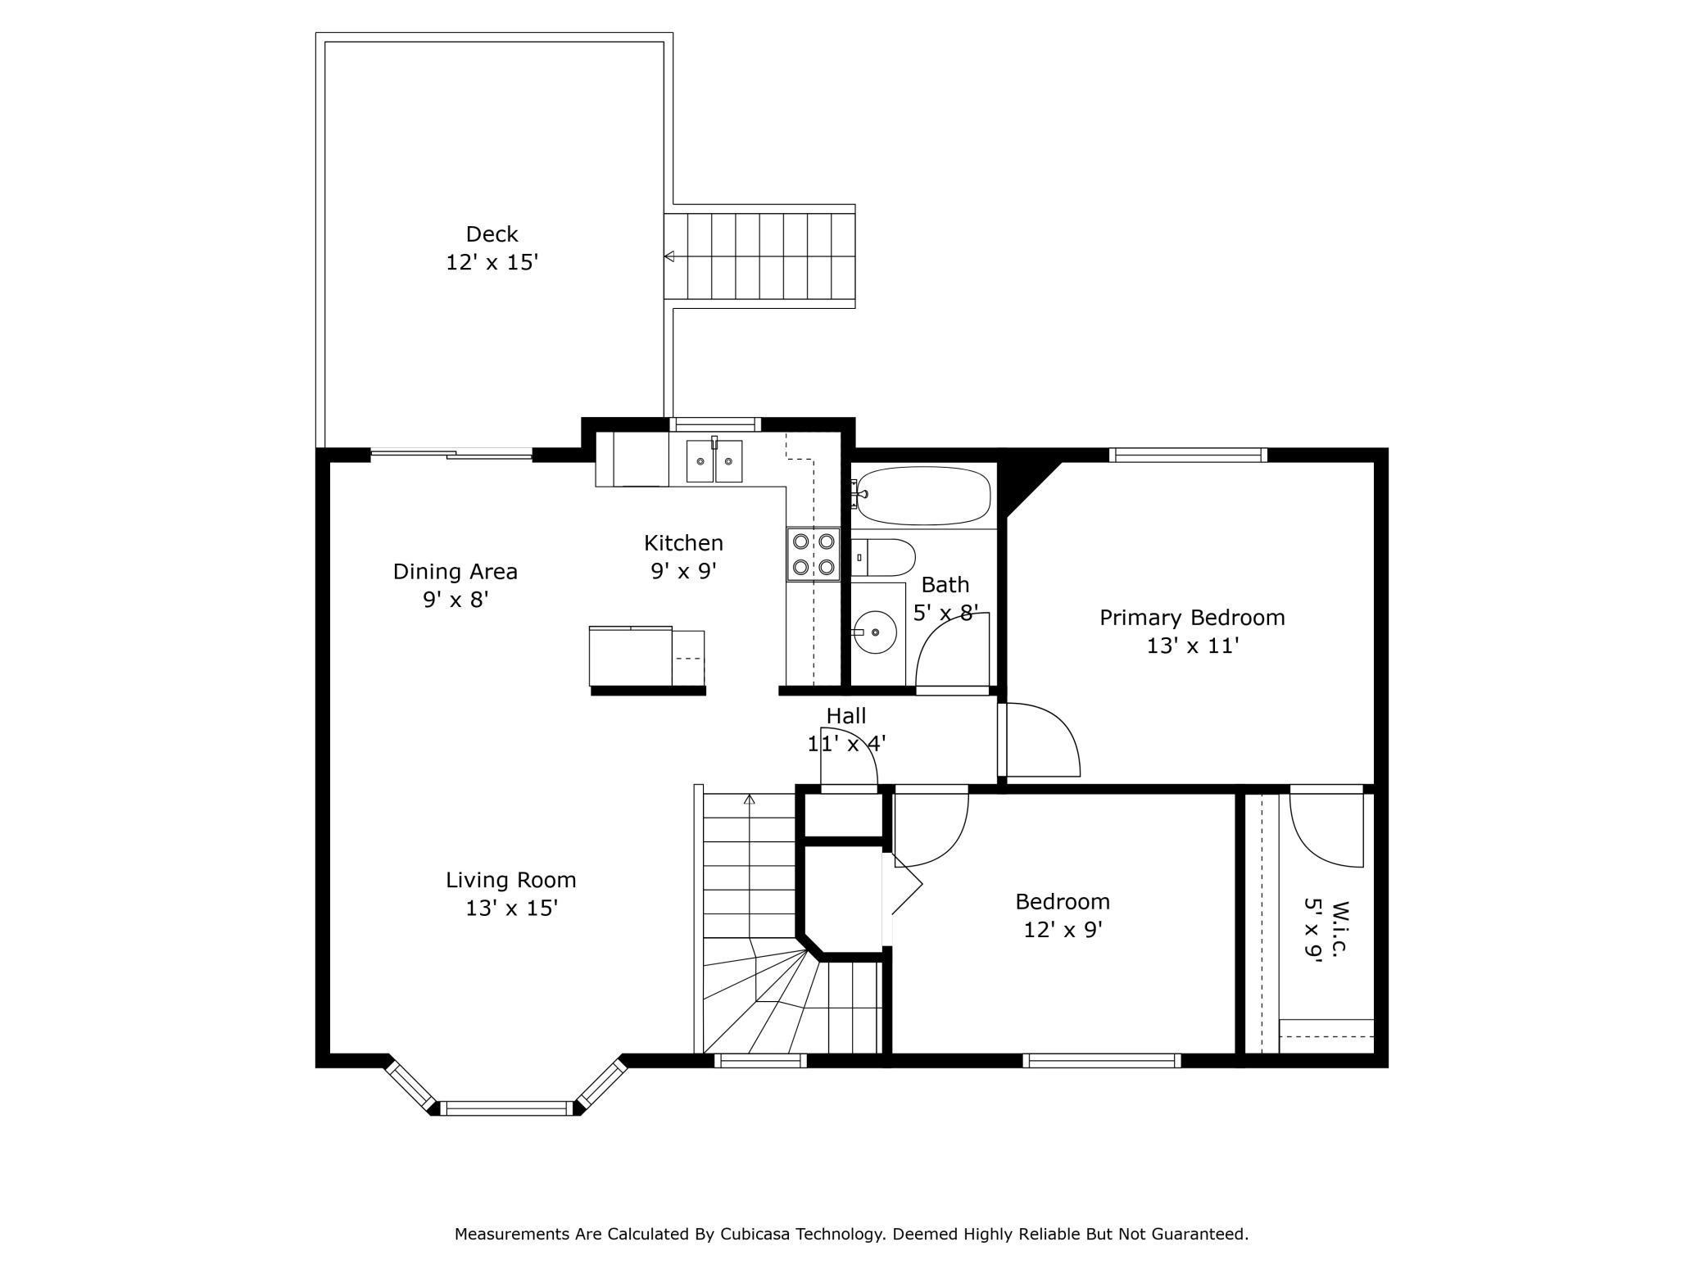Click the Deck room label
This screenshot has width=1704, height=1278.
coord(492,234)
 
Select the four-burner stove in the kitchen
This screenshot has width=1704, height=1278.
coord(813,554)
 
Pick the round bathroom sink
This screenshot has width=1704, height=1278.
coord(875,632)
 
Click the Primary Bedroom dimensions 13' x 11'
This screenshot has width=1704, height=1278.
coord(1191,646)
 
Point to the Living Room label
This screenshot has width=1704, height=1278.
coord(510,880)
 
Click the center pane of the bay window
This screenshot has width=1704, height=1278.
coord(506,1108)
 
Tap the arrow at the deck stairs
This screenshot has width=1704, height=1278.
coord(668,256)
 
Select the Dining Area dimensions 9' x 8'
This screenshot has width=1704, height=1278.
coord(455,600)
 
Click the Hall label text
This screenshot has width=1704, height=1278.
coord(845,715)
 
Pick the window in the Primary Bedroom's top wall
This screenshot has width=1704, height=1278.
coord(1188,455)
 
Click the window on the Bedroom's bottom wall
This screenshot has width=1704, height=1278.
coord(1101,1060)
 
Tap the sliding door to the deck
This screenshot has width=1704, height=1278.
coord(451,453)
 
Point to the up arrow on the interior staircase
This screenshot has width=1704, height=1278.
coord(749,800)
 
